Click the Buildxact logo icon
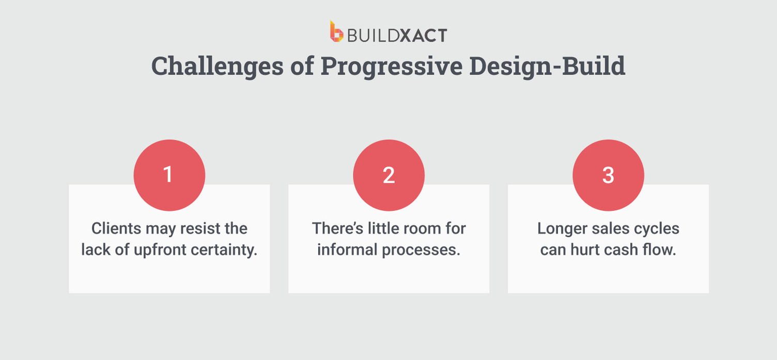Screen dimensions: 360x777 [336, 32]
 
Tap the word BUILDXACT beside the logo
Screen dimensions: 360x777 [397, 35]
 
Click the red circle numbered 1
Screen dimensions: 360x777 [169, 176]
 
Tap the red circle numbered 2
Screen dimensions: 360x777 [388, 176]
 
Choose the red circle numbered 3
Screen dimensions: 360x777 [608, 176]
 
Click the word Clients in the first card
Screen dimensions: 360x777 [117, 228]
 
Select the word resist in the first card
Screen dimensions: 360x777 [205, 228]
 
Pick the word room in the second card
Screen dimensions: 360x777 [413, 228]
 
